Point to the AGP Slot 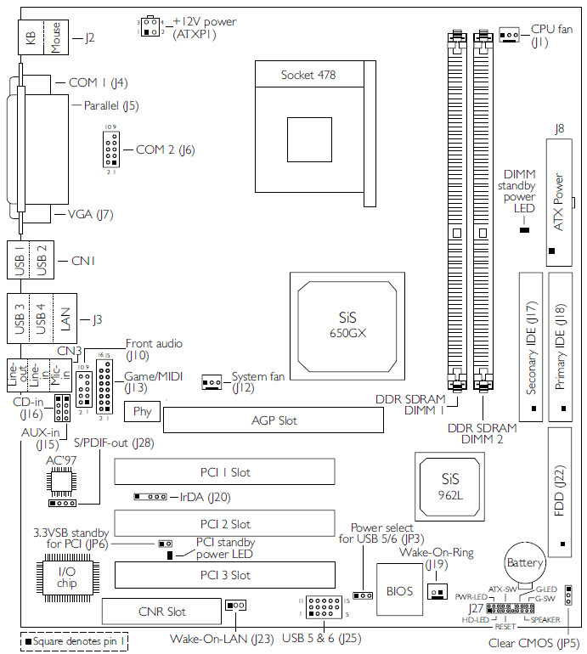tap(274, 420)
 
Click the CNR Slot tap(164, 611)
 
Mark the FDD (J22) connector tap(559, 491)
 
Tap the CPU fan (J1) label tap(552, 35)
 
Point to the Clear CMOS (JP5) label tap(534, 643)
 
